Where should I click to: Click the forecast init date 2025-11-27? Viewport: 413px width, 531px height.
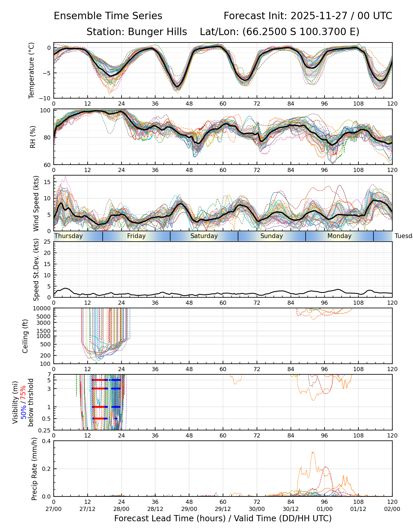pos(318,16)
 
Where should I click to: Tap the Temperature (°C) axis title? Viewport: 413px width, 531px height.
pos(32,70)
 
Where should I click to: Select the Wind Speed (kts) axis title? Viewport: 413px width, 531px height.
pos(36,203)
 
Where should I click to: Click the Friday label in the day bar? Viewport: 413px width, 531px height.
pos(136,236)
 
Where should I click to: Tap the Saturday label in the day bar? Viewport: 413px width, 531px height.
pos(204,236)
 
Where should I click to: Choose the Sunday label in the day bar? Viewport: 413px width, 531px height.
pos(272,236)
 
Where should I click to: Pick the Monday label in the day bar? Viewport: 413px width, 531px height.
pos(340,236)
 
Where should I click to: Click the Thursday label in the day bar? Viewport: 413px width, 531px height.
pos(69,236)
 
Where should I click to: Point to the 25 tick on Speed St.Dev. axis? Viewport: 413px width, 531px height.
pos(47,242)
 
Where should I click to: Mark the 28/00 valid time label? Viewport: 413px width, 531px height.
pos(121,509)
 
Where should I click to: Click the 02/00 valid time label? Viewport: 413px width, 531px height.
pos(392,509)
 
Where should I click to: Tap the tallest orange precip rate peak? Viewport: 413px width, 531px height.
pos(313,452)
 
